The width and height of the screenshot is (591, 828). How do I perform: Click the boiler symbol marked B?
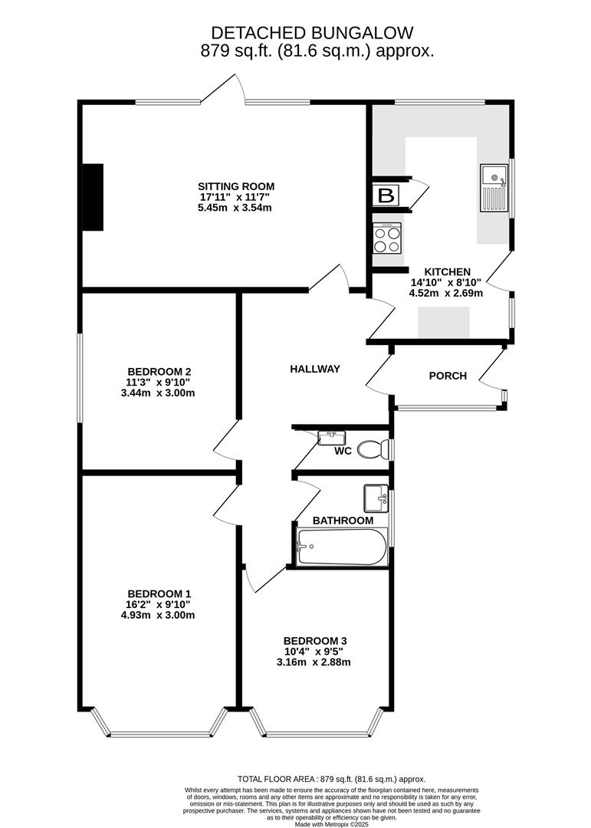click(x=386, y=196)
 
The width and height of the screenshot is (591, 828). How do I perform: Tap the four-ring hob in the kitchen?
click(x=387, y=238)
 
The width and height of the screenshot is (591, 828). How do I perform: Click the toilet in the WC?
click(x=375, y=449)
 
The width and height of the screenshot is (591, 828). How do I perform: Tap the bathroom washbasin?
click(x=376, y=498)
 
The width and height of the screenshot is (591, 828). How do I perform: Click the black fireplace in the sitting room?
click(x=93, y=197)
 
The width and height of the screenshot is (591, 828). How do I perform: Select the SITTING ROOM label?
click(x=236, y=186)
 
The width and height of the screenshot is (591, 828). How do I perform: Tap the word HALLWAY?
click(x=314, y=370)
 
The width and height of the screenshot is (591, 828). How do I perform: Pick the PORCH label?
click(x=448, y=376)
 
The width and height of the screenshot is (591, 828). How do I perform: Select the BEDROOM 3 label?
click(x=315, y=641)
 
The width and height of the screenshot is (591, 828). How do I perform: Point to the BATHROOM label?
click(x=343, y=521)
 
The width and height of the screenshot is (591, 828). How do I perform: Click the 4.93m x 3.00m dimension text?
click(x=159, y=615)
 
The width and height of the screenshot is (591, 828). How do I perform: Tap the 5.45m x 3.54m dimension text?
click(x=236, y=208)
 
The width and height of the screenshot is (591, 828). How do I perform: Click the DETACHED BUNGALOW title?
click(x=312, y=33)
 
